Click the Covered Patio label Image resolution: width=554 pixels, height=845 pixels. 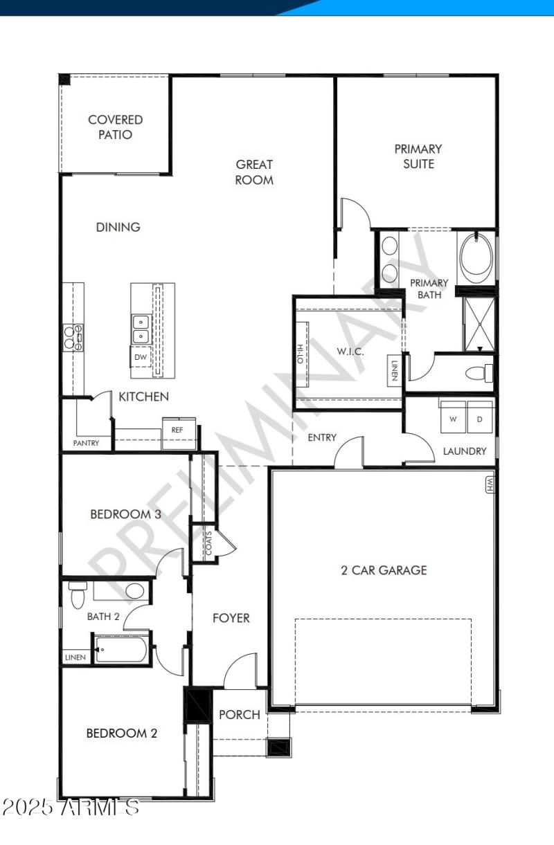click(115, 127)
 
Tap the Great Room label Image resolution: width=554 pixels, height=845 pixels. click(254, 172)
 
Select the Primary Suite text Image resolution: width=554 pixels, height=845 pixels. click(418, 156)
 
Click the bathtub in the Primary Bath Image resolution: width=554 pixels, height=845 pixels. click(477, 257)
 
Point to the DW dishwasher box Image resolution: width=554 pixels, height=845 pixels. click(141, 357)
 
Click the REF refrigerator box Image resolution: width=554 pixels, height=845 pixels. click(176, 430)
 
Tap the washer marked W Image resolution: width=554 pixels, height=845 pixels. click(454, 419)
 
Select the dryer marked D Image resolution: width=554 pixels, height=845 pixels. click(480, 419)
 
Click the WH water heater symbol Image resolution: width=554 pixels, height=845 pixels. click(490, 484)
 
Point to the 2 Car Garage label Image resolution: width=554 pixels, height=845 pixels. click(384, 570)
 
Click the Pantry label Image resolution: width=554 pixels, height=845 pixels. click(87, 443)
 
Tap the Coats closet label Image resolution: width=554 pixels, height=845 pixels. click(209, 545)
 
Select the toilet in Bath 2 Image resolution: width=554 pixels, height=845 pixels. click(77, 592)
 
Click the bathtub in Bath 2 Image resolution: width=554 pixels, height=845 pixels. click(122, 650)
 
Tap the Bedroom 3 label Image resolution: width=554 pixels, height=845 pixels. click(125, 514)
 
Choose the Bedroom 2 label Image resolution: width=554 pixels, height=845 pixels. click(121, 733)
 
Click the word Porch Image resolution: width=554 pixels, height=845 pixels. click(240, 715)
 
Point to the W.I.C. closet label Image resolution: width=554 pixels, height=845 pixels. click(351, 352)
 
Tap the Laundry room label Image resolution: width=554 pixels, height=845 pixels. click(465, 451)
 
